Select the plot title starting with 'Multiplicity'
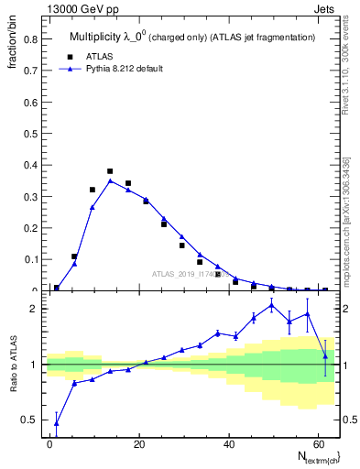tap(192, 37)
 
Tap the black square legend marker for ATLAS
tap(78, 55)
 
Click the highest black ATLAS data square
tap(110, 171)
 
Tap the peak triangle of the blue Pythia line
tap(110, 180)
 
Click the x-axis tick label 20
tap(138, 442)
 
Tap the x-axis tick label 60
tap(316, 442)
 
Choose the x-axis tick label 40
tap(227, 442)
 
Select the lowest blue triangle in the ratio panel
tap(57, 422)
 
